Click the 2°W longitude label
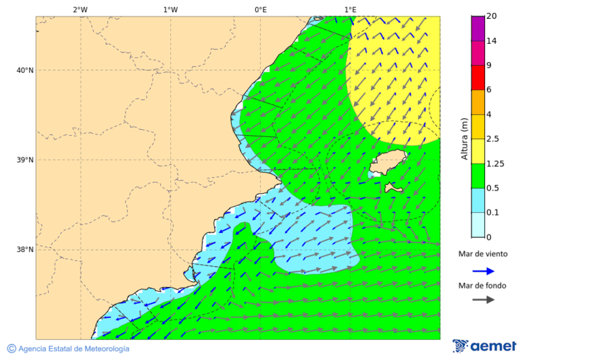tap(80, 9)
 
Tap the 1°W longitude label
tap(170, 9)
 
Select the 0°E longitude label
tap(260, 9)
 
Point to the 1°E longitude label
tap(351, 9)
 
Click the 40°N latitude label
tap(24, 70)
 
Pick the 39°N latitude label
tap(24, 160)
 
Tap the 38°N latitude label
tap(24, 250)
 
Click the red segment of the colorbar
tap(478, 78)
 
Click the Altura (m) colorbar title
tap(464, 138)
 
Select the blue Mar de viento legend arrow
tap(483, 271)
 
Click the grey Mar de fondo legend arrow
tap(483, 300)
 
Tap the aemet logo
tap(484, 346)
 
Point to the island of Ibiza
tap(387, 164)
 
